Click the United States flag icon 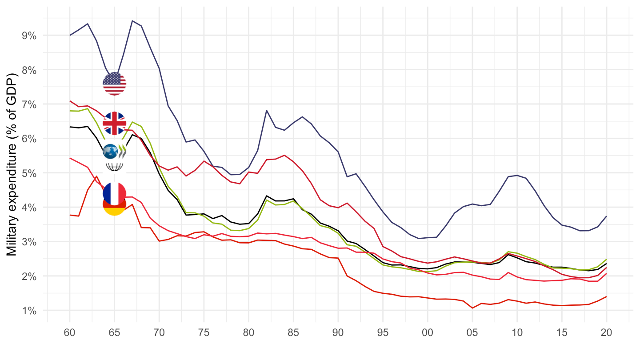[x=114, y=84]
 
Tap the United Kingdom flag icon [x=114, y=123]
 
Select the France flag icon [x=114, y=193]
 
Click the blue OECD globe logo [x=110, y=152]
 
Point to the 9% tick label [x=29, y=36]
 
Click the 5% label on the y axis [x=29, y=173]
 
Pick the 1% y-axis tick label [x=29, y=310]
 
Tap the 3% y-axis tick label [x=29, y=242]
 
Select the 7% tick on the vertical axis [x=29, y=104]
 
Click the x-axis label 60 [x=70, y=332]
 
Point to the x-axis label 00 [x=428, y=332]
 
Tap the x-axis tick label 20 [x=606, y=332]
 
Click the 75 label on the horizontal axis [x=204, y=332]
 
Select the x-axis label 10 [x=517, y=332]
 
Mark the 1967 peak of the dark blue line [x=132, y=20]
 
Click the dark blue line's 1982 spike [x=266, y=110]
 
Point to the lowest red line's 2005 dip [x=472, y=308]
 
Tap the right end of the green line [x=606, y=259]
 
